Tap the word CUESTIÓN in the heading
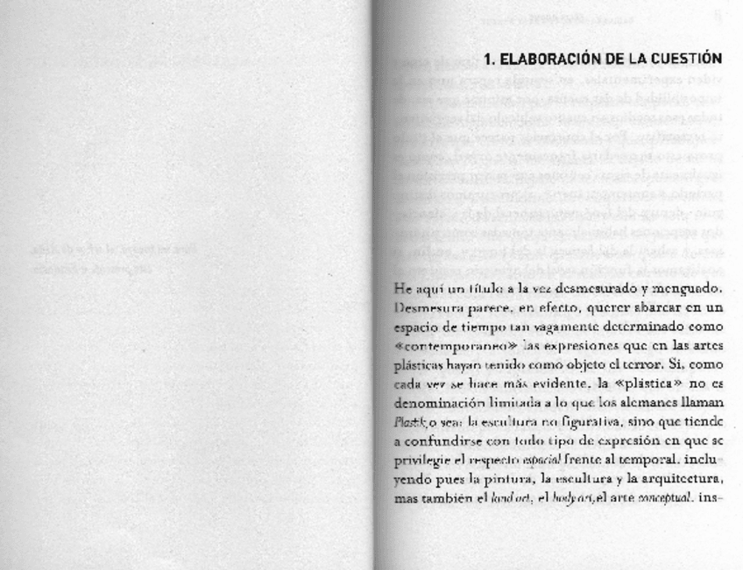(x=683, y=59)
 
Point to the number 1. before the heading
(x=491, y=59)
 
